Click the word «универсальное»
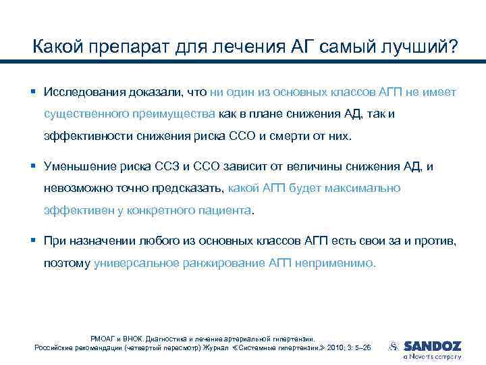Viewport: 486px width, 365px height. [137, 262]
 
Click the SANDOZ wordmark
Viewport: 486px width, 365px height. [432, 345]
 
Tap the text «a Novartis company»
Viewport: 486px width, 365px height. [432, 356]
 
